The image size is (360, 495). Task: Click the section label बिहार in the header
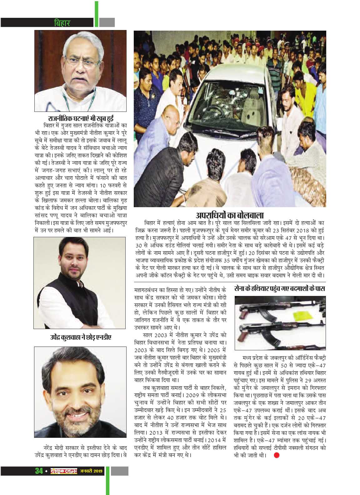click(62, 23)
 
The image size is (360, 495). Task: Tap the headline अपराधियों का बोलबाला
click(230, 215)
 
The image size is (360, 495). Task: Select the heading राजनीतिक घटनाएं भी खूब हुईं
click(81, 118)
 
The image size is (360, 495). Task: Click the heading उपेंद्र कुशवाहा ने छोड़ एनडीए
click(81, 338)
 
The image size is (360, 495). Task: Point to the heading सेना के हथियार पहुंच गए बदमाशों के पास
click(280, 288)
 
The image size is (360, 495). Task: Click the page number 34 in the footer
click(39, 471)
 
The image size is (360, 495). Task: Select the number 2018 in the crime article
click(294, 231)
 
